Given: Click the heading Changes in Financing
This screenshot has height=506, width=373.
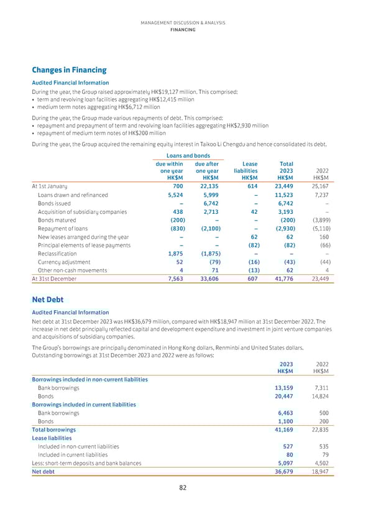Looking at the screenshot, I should coord(69,70).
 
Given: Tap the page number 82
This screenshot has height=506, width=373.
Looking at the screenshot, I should coord(183,488).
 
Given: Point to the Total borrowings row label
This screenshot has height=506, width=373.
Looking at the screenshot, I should coord(53,430).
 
